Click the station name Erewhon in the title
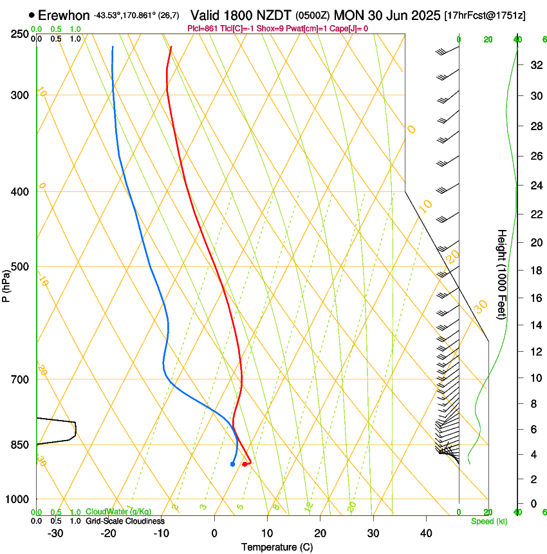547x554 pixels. (x=64, y=15)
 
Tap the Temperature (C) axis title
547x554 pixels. (x=277, y=547)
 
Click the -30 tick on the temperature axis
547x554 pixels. (x=55, y=533)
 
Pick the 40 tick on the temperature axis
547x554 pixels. (x=426, y=533)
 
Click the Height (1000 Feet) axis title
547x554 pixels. (x=502, y=274)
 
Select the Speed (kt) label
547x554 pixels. (x=489, y=521)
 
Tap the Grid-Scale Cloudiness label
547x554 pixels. (x=125, y=521)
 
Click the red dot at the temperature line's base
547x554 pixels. (x=245, y=464)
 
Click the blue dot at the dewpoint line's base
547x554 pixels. (x=232, y=464)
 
